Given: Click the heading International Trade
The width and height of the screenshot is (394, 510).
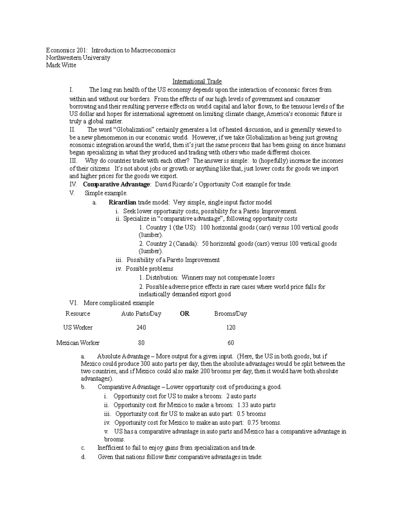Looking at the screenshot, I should (197, 81).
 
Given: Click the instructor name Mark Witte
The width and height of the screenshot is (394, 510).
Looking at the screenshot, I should (61, 65).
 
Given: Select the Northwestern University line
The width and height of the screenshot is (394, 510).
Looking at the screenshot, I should (78, 58).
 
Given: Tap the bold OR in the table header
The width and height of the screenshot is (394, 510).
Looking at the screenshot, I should (185, 314).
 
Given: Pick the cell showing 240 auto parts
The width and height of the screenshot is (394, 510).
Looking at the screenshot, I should (141, 327).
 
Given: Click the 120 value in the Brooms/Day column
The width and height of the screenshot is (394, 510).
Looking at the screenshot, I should (230, 327).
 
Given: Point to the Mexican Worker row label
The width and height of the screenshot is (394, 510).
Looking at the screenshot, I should (78, 343).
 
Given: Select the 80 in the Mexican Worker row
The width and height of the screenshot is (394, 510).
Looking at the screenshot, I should (141, 343).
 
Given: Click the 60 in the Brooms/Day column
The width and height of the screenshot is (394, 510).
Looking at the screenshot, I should (230, 343).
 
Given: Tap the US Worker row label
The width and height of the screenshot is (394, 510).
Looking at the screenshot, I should (78, 327).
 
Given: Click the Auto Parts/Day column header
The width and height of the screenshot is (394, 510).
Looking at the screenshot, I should (141, 314).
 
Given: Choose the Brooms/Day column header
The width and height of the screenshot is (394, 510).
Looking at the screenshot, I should (230, 314).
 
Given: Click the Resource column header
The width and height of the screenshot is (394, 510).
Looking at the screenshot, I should (78, 314).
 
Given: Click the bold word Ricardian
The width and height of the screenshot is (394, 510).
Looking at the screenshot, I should (122, 202).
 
